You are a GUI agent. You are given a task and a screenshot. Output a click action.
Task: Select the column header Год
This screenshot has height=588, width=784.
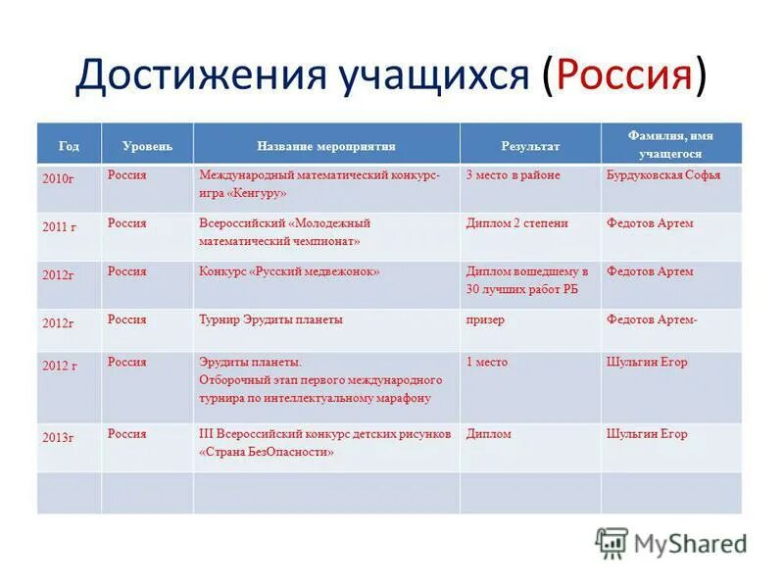point(69,146)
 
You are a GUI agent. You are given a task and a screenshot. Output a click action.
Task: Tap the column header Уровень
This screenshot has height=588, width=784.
point(147,146)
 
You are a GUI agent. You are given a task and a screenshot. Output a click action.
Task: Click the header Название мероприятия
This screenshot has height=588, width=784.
point(326,146)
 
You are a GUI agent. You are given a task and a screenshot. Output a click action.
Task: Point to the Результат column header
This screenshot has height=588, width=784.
point(530,146)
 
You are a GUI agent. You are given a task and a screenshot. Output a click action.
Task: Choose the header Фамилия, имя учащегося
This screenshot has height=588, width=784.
point(670,145)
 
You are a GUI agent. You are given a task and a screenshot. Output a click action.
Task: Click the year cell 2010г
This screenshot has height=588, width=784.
point(58,179)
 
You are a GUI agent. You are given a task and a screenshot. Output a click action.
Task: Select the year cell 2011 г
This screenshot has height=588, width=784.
point(59,226)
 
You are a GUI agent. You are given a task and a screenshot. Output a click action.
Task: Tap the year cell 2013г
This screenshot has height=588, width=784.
point(58,437)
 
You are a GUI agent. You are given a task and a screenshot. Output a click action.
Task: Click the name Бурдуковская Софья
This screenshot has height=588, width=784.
point(663,175)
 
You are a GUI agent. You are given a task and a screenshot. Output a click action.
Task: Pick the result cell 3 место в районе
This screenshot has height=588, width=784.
point(513,175)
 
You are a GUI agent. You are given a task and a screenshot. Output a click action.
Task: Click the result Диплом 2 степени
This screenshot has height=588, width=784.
point(516,223)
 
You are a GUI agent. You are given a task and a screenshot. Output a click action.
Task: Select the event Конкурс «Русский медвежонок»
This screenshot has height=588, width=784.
point(289,271)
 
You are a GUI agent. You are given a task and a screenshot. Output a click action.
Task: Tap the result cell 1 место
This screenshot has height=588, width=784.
point(486,362)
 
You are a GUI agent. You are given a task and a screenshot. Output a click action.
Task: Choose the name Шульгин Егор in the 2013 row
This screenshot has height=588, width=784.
point(647,434)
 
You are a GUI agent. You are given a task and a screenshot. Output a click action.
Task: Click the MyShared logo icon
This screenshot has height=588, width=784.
point(612,543)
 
